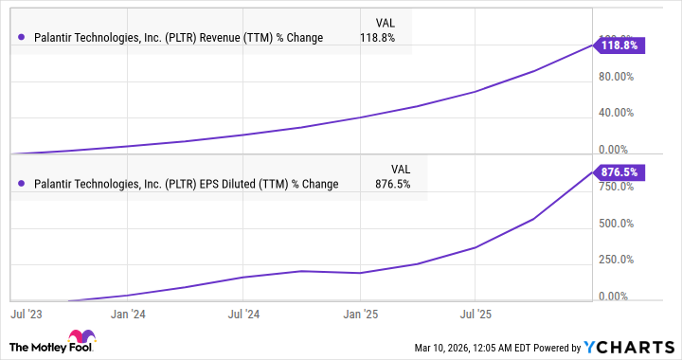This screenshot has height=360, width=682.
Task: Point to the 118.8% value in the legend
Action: (378, 38)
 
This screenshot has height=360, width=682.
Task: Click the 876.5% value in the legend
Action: (392, 184)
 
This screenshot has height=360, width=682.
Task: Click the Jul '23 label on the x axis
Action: (26, 312)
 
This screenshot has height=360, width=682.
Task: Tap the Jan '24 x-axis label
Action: (128, 312)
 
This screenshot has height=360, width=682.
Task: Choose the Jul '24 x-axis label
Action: (244, 312)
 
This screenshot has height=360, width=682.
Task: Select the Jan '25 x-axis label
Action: (360, 312)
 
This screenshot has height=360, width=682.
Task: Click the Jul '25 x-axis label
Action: (475, 312)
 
